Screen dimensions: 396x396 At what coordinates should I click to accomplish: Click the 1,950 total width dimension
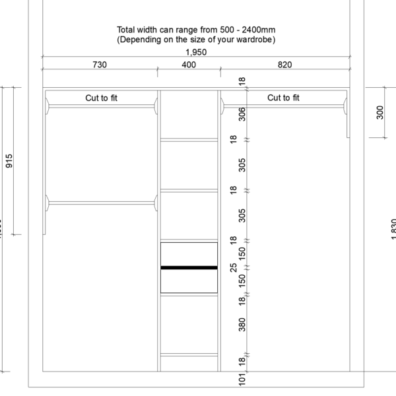195,51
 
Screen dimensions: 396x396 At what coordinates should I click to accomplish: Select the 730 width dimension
100,65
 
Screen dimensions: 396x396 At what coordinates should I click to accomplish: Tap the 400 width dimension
189,65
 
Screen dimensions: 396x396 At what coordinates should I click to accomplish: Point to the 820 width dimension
284,65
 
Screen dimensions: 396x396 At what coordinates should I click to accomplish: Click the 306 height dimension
242,114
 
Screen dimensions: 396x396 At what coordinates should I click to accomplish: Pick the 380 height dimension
242,324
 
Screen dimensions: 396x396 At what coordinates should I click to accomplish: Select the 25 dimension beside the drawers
232,267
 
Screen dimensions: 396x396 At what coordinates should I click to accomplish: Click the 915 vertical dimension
9,160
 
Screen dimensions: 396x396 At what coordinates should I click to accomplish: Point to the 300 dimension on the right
380,113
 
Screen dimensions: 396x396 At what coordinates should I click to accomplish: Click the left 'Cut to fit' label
101,98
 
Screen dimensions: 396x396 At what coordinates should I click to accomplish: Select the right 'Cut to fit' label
283,98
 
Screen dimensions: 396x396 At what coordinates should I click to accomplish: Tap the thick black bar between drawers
189,267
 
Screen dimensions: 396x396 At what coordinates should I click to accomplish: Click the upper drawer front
189,254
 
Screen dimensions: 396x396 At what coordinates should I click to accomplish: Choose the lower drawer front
189,281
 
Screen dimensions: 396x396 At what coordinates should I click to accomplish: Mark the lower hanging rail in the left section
101,202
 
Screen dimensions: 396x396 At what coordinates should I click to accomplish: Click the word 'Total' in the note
127,30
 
